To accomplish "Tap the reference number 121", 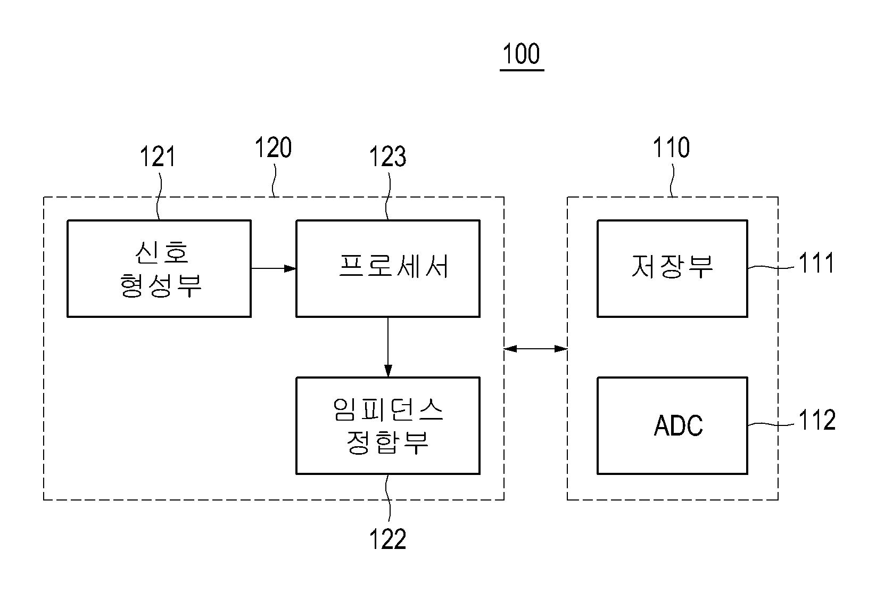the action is [158, 157].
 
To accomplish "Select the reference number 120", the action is [273, 147].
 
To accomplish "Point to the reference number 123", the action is [387, 157].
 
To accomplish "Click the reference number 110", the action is [671, 147].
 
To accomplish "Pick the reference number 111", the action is [816, 263].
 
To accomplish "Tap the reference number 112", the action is [817, 420].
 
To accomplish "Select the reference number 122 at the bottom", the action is [387, 539].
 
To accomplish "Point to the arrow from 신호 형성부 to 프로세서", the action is [274, 268].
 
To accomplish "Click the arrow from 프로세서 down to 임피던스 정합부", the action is [388, 347].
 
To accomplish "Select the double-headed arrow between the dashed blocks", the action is [536, 348].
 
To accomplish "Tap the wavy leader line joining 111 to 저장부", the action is [771, 268].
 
